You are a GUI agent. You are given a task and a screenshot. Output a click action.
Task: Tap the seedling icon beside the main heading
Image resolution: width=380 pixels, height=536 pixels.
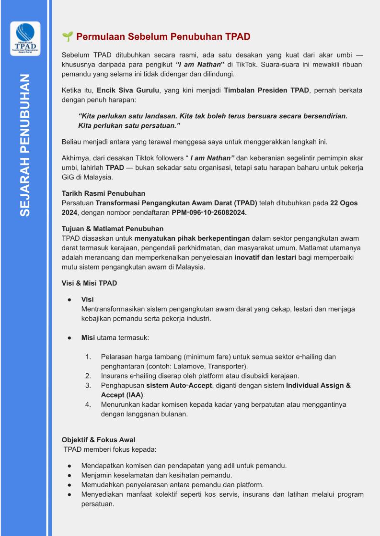(x=67, y=37)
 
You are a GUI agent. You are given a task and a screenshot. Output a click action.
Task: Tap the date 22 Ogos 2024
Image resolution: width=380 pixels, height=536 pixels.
(x=344, y=203)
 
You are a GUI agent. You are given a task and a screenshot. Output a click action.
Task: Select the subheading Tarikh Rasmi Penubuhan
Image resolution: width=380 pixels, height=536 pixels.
(x=104, y=193)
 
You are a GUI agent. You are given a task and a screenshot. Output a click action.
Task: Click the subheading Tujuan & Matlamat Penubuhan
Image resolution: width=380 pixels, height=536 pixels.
(x=113, y=229)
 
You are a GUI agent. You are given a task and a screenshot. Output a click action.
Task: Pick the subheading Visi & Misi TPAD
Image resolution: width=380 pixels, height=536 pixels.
(x=90, y=283)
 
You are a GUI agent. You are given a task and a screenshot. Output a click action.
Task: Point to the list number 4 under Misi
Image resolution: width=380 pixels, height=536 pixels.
(x=88, y=404)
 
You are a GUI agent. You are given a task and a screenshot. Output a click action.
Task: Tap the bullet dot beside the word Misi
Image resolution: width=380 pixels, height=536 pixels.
(x=69, y=337)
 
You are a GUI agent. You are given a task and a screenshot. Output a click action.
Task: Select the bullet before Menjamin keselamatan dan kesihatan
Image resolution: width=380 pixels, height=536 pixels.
(x=69, y=475)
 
